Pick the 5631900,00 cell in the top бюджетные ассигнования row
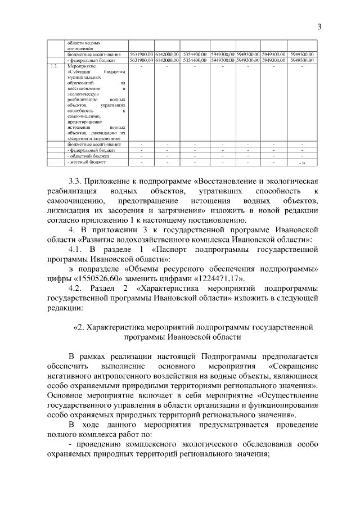coord(141,54)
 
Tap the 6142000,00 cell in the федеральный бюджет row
coord(167,60)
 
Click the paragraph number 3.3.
coord(75,182)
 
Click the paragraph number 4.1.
coord(76,249)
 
